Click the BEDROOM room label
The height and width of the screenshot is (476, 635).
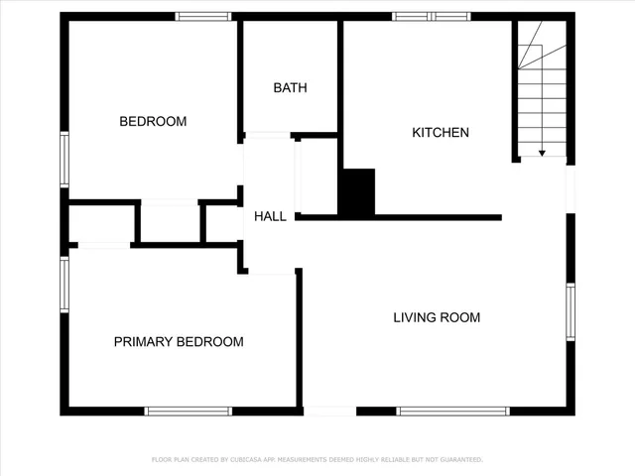153,122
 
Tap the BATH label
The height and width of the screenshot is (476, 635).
291,87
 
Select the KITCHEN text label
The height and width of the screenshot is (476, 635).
441,132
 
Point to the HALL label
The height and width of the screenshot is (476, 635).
270,216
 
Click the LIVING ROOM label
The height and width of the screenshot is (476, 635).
437,317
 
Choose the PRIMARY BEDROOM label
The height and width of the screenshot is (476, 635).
179,342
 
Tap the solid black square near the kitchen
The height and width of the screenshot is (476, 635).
357,191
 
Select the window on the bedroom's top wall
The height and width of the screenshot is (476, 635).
203,16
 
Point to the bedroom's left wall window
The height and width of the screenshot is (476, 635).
65,159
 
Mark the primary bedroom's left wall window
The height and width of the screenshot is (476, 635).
65,284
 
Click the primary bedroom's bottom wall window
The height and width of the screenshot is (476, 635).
189,411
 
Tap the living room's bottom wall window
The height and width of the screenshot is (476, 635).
452,411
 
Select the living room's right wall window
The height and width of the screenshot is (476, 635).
571,312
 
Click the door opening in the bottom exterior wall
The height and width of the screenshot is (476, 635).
329,411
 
